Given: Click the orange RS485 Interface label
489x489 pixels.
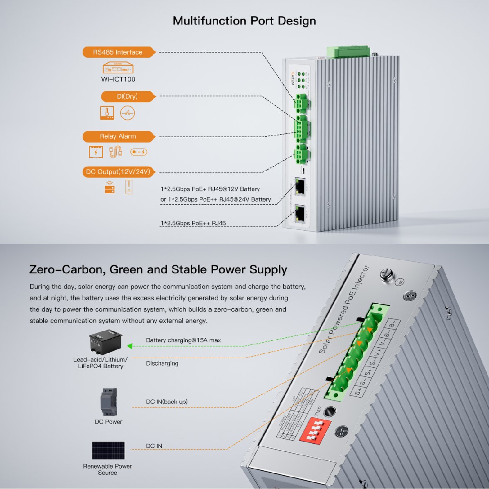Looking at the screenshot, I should (x=118, y=52).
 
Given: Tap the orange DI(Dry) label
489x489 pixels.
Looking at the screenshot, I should (x=128, y=96).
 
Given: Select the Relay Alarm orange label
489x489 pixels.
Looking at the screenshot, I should (x=118, y=136).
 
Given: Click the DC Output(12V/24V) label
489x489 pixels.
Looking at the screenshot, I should (x=118, y=172).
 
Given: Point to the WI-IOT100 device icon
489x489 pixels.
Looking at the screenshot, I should (x=118, y=68).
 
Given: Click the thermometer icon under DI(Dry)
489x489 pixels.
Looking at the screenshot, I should (x=107, y=113).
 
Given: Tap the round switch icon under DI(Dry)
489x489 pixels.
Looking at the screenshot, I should (x=128, y=113).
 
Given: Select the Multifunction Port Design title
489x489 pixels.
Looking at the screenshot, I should (x=244, y=21).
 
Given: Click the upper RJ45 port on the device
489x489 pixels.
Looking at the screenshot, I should (x=300, y=186).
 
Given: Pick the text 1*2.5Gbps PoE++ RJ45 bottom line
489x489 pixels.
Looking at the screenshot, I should (x=193, y=223).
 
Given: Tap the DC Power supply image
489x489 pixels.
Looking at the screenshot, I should (x=109, y=402).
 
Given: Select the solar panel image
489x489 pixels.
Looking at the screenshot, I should (x=108, y=451).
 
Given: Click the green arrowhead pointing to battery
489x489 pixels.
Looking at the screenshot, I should (x=130, y=346).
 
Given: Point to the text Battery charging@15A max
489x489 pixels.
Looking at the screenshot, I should (x=183, y=340).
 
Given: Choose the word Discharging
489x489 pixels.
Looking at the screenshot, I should (x=162, y=364).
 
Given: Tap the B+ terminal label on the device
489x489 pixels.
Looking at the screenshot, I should (x=393, y=324).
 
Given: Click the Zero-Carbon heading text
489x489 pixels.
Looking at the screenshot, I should (x=158, y=270).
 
